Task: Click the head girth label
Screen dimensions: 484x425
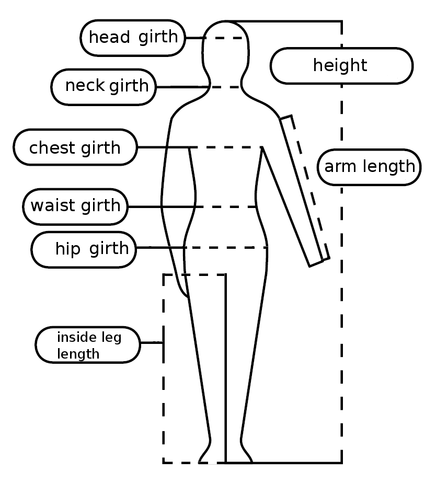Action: [x=133, y=38]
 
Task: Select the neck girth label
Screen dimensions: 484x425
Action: [x=104, y=86]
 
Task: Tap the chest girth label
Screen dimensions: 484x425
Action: [x=75, y=148]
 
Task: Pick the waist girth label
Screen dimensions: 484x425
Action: [x=75, y=205]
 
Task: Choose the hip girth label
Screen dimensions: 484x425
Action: [x=84, y=248]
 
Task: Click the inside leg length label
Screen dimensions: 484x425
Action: [x=88, y=345]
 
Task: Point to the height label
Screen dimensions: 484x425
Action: [x=341, y=66]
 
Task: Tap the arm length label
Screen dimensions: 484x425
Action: [x=369, y=167]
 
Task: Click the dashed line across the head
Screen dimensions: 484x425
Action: [x=225, y=38]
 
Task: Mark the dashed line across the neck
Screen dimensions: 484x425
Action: [x=225, y=87]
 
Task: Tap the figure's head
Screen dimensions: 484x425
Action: [x=225, y=52]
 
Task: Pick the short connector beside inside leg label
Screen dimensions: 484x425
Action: [x=152, y=343]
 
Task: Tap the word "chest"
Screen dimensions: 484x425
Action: [x=52, y=148]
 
